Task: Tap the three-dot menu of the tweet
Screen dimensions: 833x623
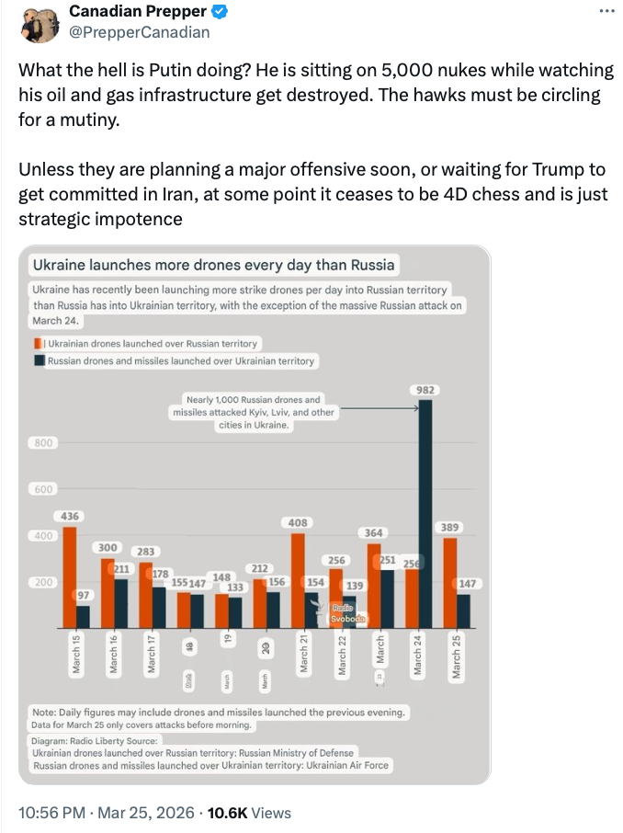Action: [x=606, y=11]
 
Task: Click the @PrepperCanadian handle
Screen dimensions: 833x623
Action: [x=140, y=32]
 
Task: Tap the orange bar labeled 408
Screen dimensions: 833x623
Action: [x=298, y=579]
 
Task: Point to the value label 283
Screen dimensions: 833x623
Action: [x=145, y=552]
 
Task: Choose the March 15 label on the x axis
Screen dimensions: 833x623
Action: [x=76, y=654]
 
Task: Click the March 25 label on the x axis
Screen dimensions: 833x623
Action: [x=456, y=655]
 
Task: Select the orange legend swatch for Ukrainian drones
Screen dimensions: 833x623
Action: [x=38, y=343]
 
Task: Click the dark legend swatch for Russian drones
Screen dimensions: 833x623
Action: [x=38, y=361]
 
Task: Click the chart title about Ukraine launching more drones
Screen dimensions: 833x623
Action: [x=213, y=265]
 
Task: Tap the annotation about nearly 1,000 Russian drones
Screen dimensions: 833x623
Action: [x=253, y=413]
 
